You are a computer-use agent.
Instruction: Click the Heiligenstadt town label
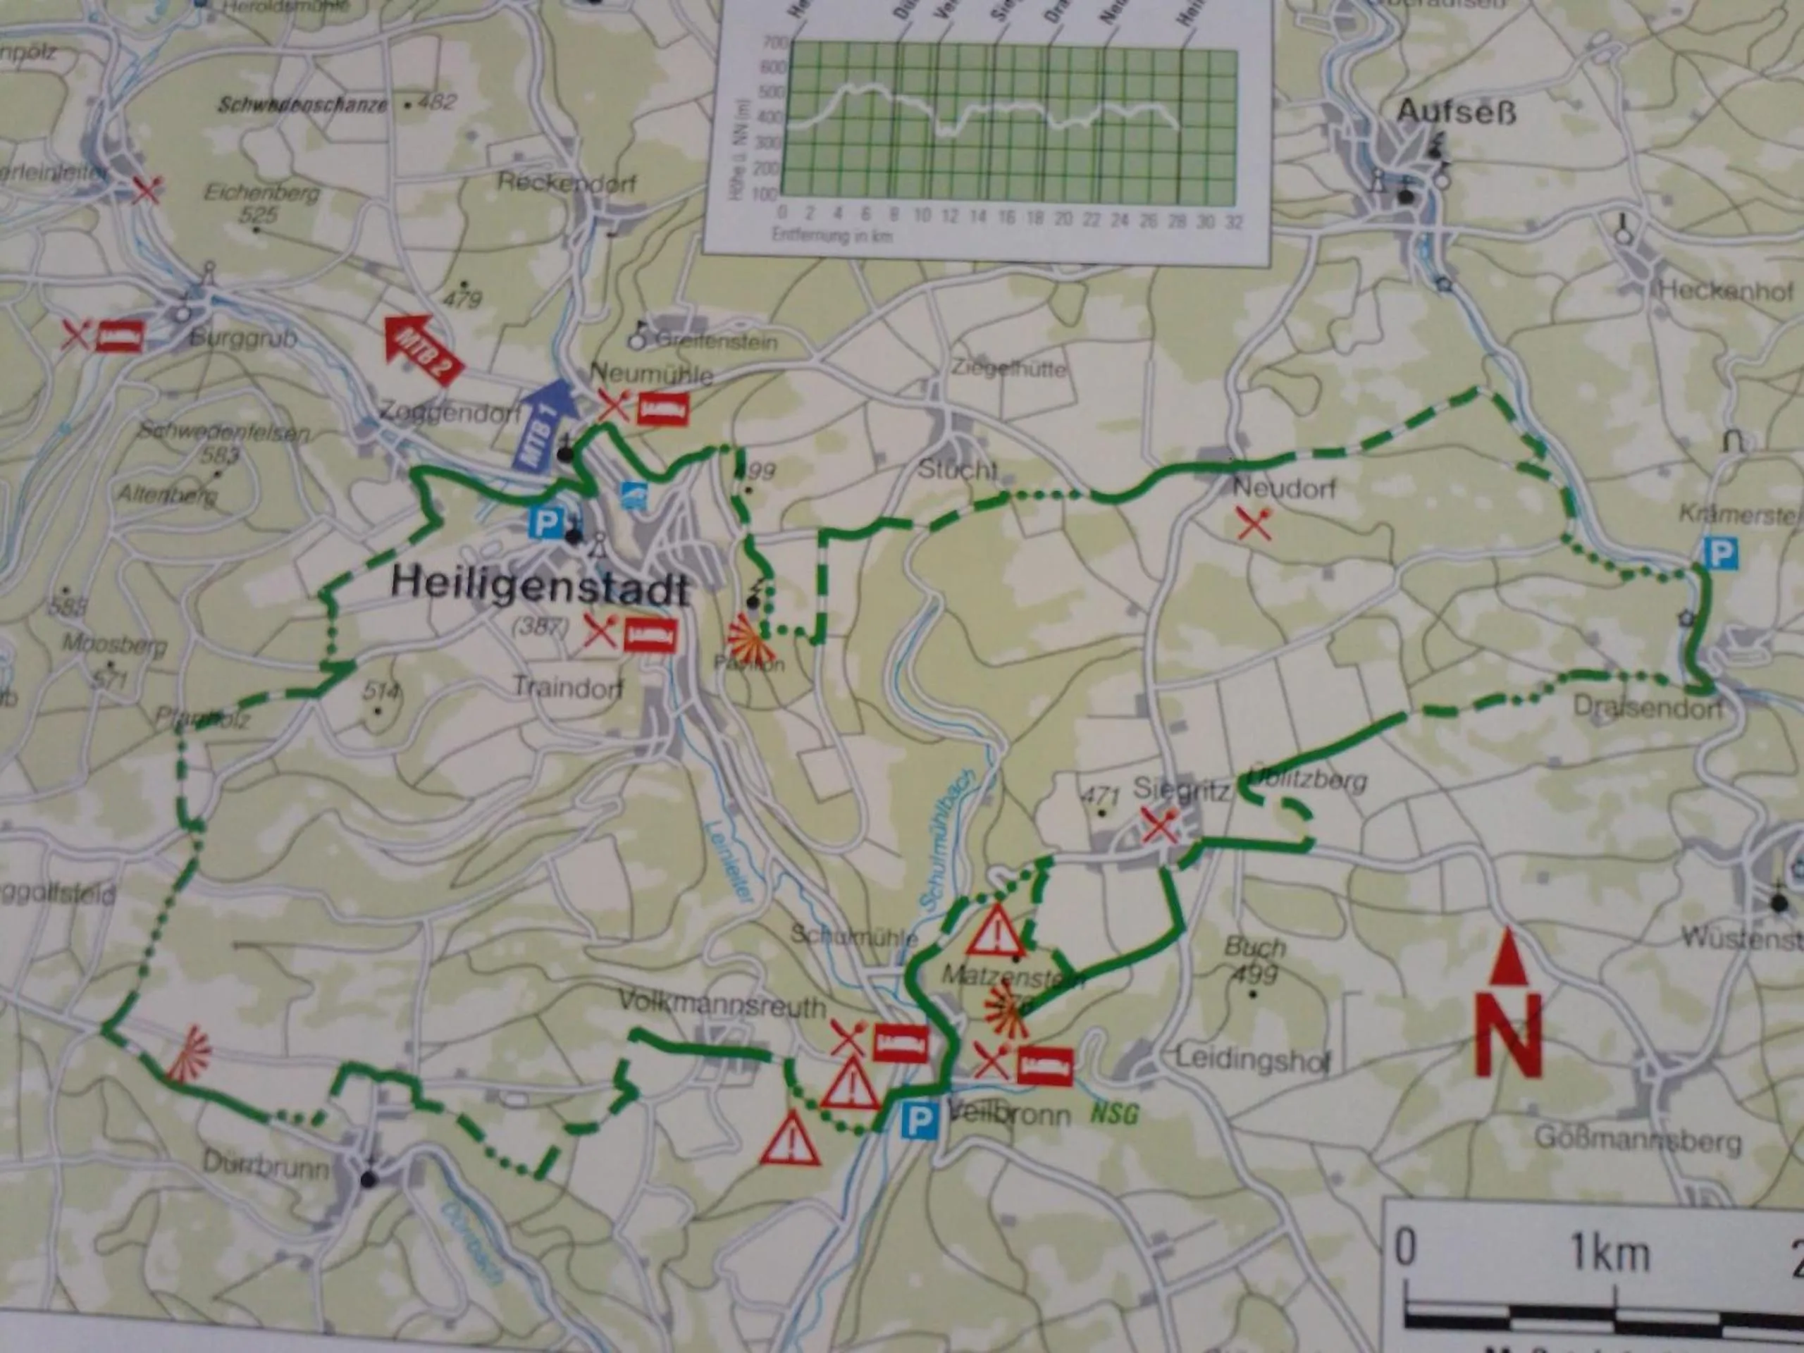point(540,586)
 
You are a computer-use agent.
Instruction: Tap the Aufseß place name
point(1456,113)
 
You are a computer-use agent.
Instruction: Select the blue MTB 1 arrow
point(543,424)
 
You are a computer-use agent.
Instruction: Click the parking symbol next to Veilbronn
point(919,1122)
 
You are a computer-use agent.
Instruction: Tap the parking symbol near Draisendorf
point(1719,555)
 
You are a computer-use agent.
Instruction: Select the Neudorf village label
point(1284,488)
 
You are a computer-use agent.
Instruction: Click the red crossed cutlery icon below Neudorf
point(1254,524)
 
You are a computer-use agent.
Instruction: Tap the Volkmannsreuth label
point(721,1003)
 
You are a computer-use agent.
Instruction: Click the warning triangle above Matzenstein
point(995,932)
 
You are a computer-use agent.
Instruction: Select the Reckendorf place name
point(567,183)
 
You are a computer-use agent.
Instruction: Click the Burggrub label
point(243,338)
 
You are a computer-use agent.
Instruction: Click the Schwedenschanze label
point(302,104)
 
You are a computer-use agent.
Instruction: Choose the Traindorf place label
point(567,688)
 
